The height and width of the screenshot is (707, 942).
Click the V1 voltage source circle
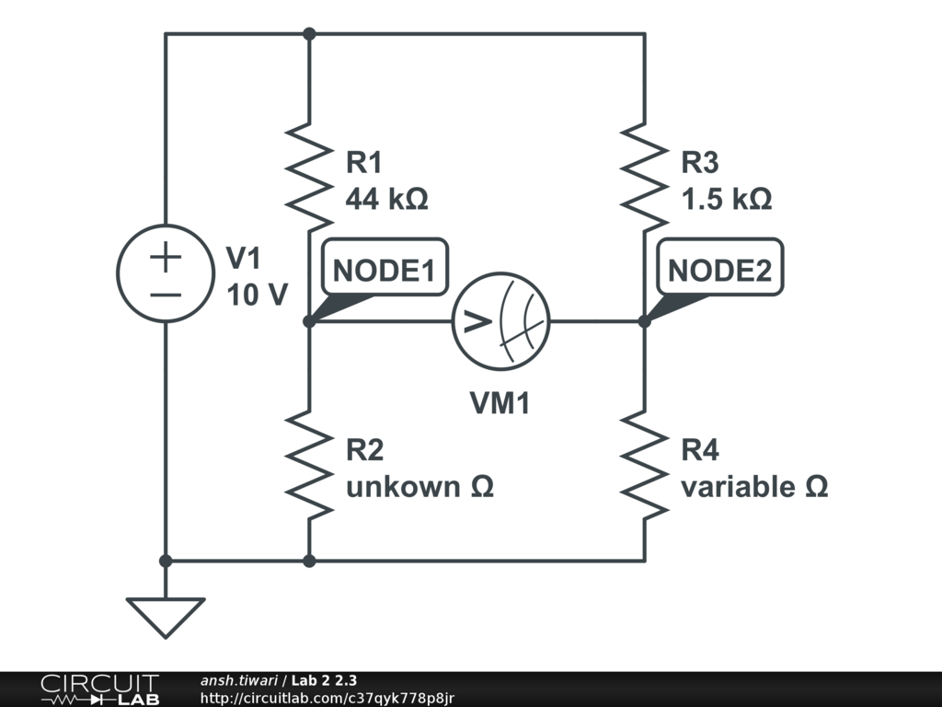(166, 273)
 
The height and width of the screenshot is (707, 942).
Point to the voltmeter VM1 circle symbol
(500, 321)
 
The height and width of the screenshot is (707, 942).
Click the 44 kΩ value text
(386, 199)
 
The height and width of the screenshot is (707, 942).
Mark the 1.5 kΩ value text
(726, 199)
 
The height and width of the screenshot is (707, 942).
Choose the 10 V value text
(257, 295)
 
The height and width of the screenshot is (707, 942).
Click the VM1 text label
(500, 402)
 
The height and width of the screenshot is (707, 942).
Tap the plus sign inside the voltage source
(166, 258)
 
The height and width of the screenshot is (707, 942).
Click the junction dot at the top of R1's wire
(309, 34)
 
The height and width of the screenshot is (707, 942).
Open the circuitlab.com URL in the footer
(327, 699)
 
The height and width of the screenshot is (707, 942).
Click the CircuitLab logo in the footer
(99, 690)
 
